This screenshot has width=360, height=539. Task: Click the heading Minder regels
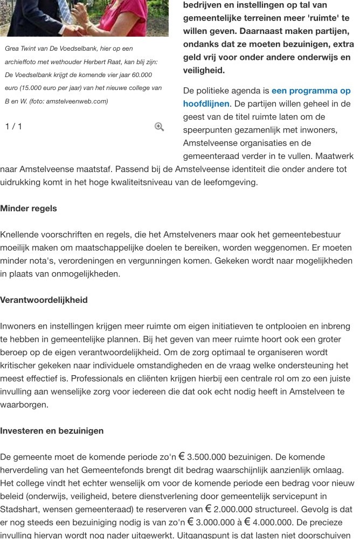click(28, 209)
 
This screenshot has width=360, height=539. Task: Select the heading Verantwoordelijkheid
click(44, 300)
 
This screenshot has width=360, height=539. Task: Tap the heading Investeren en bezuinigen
click(52, 431)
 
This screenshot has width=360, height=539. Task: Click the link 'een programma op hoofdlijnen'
click(267, 97)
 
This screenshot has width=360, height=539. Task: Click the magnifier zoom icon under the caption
click(159, 127)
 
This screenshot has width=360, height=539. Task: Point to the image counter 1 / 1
click(13, 127)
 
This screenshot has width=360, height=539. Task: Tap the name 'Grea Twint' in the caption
click(20, 49)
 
